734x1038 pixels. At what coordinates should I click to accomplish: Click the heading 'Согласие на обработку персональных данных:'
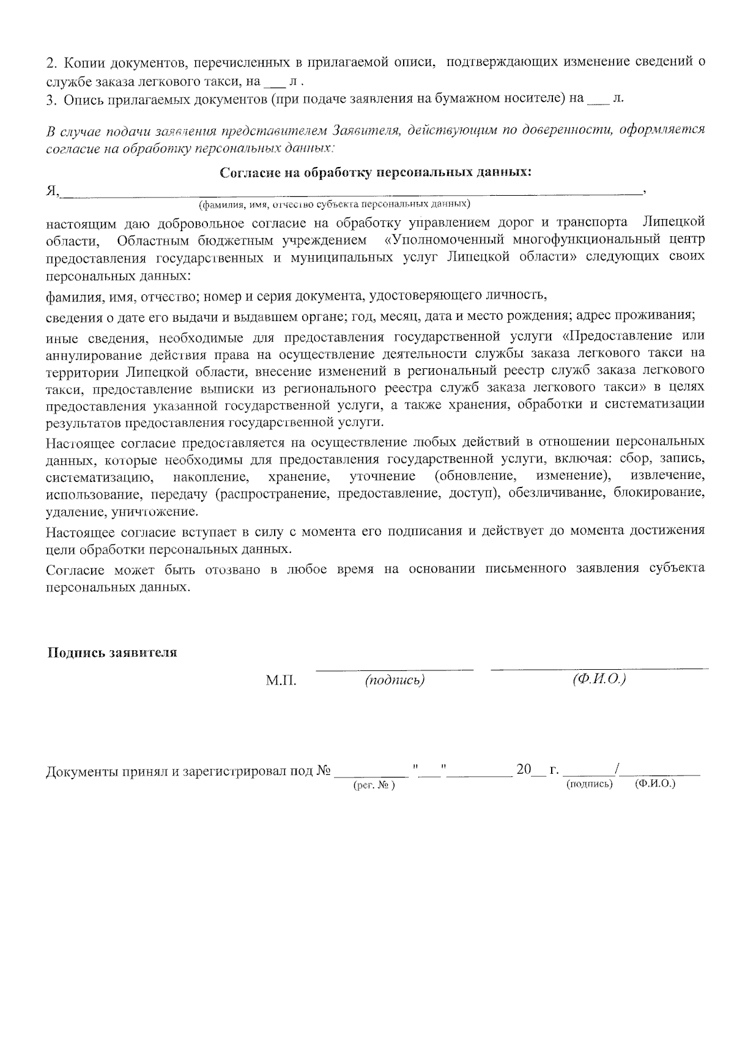pyautogui.click(x=376, y=173)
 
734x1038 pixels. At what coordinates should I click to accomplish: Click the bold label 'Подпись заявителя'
pyautogui.click(x=113, y=653)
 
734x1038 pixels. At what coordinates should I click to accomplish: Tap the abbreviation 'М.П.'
pyautogui.click(x=281, y=681)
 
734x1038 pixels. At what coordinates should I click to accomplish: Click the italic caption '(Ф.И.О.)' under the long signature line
pyautogui.click(x=599, y=680)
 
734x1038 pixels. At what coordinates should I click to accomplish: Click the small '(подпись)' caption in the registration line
pyautogui.click(x=590, y=784)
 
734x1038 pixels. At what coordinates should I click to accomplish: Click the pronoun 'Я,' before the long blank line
pyautogui.click(x=53, y=191)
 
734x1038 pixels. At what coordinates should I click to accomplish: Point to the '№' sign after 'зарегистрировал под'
pyautogui.click(x=324, y=771)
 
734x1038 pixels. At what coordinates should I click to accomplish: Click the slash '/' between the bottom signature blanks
pyautogui.click(x=620, y=769)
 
